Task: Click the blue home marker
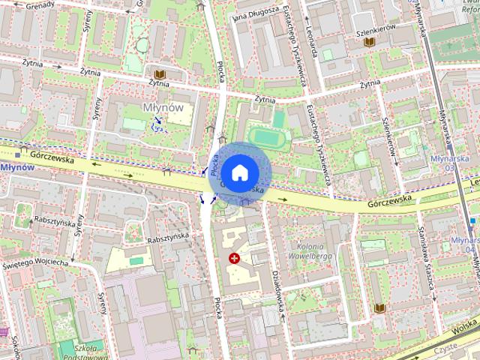click(x=238, y=172)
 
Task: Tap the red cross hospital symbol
click(x=234, y=259)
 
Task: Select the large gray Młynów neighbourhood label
click(x=162, y=107)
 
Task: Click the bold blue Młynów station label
click(x=16, y=166)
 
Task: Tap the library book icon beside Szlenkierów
click(x=369, y=42)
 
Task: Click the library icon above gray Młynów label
click(x=159, y=73)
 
